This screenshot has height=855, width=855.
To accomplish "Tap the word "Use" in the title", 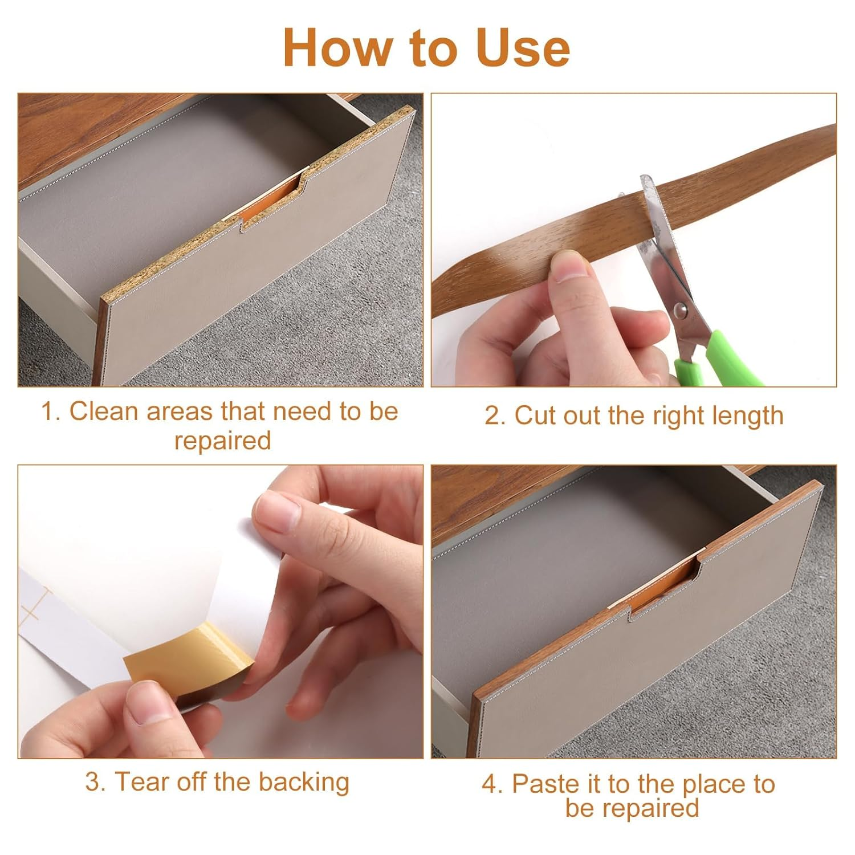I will pyautogui.click(x=523, y=48).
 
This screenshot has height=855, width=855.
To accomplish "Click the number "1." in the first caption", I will pyautogui.click(x=51, y=412).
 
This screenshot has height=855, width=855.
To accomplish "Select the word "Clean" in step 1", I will pyautogui.click(x=104, y=412).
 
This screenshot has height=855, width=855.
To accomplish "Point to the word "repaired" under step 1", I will pyautogui.click(x=222, y=441).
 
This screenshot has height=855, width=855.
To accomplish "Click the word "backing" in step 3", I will pyautogui.click(x=303, y=783).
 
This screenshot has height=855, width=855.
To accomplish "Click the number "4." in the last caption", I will pyautogui.click(x=492, y=784).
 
